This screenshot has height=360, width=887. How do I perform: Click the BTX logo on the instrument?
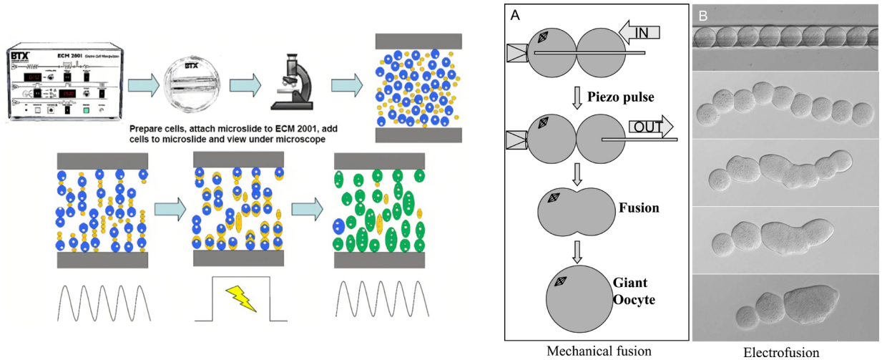tap(24, 54)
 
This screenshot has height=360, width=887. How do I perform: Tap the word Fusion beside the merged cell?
tap(639, 208)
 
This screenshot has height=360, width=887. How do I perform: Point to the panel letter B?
tap(702, 16)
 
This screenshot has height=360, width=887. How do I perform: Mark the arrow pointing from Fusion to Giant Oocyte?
tap(577, 248)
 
